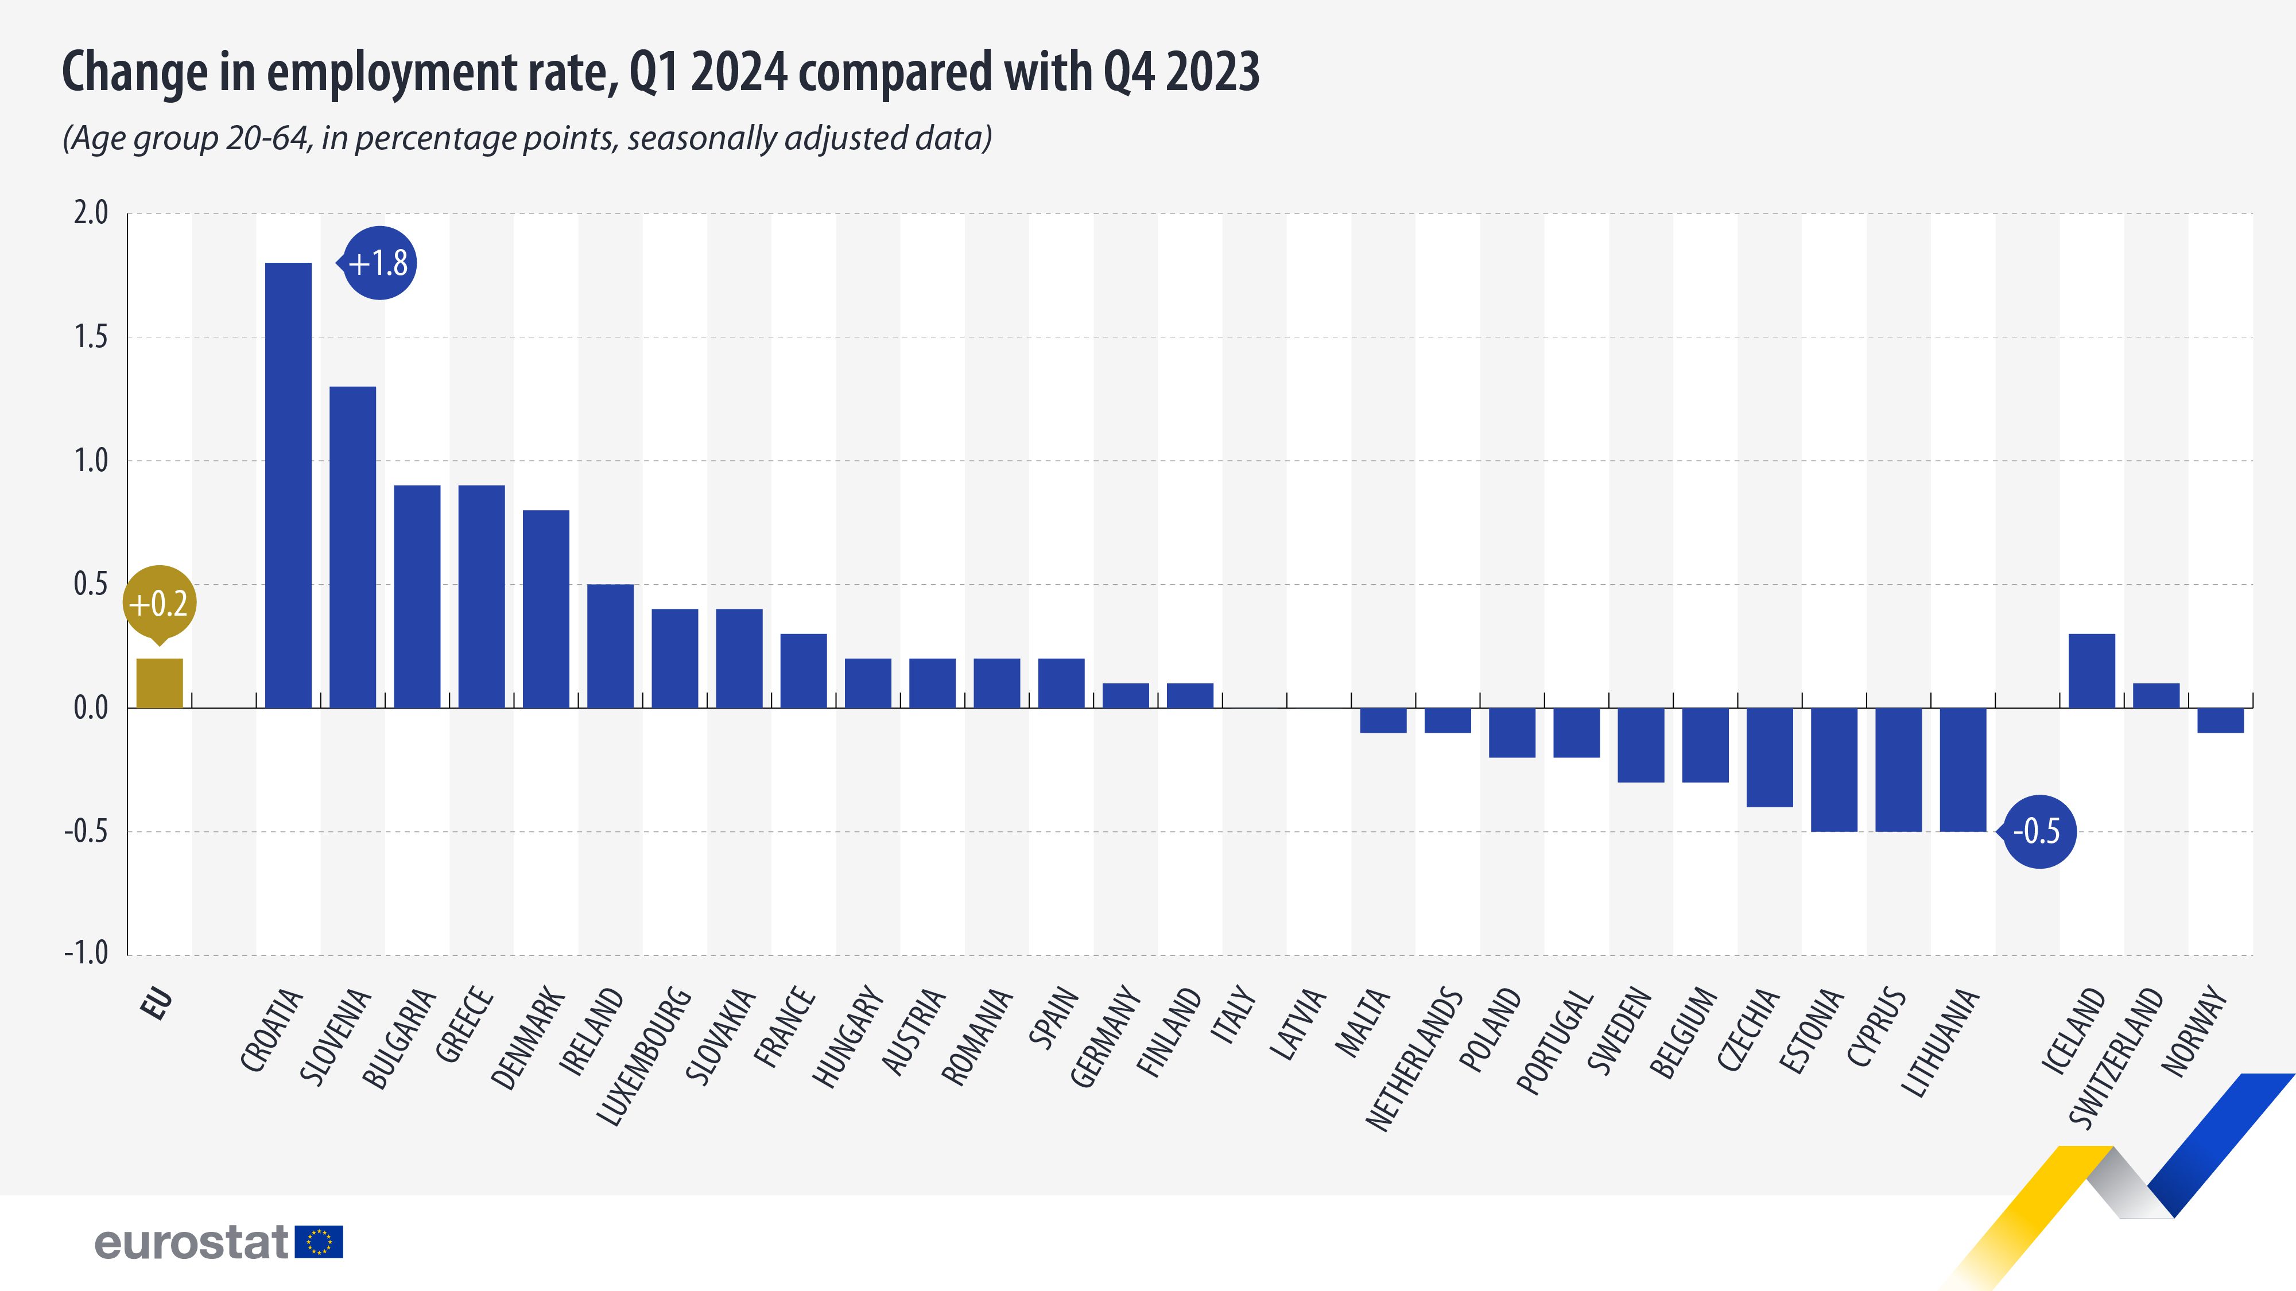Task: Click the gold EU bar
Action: point(160,683)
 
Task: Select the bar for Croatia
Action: point(289,485)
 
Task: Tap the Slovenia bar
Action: point(353,547)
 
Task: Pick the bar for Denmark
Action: point(545,609)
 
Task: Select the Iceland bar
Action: point(2091,671)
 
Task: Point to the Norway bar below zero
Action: point(2220,721)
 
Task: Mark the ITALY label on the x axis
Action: point(1235,1015)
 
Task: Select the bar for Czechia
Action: point(1769,757)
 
